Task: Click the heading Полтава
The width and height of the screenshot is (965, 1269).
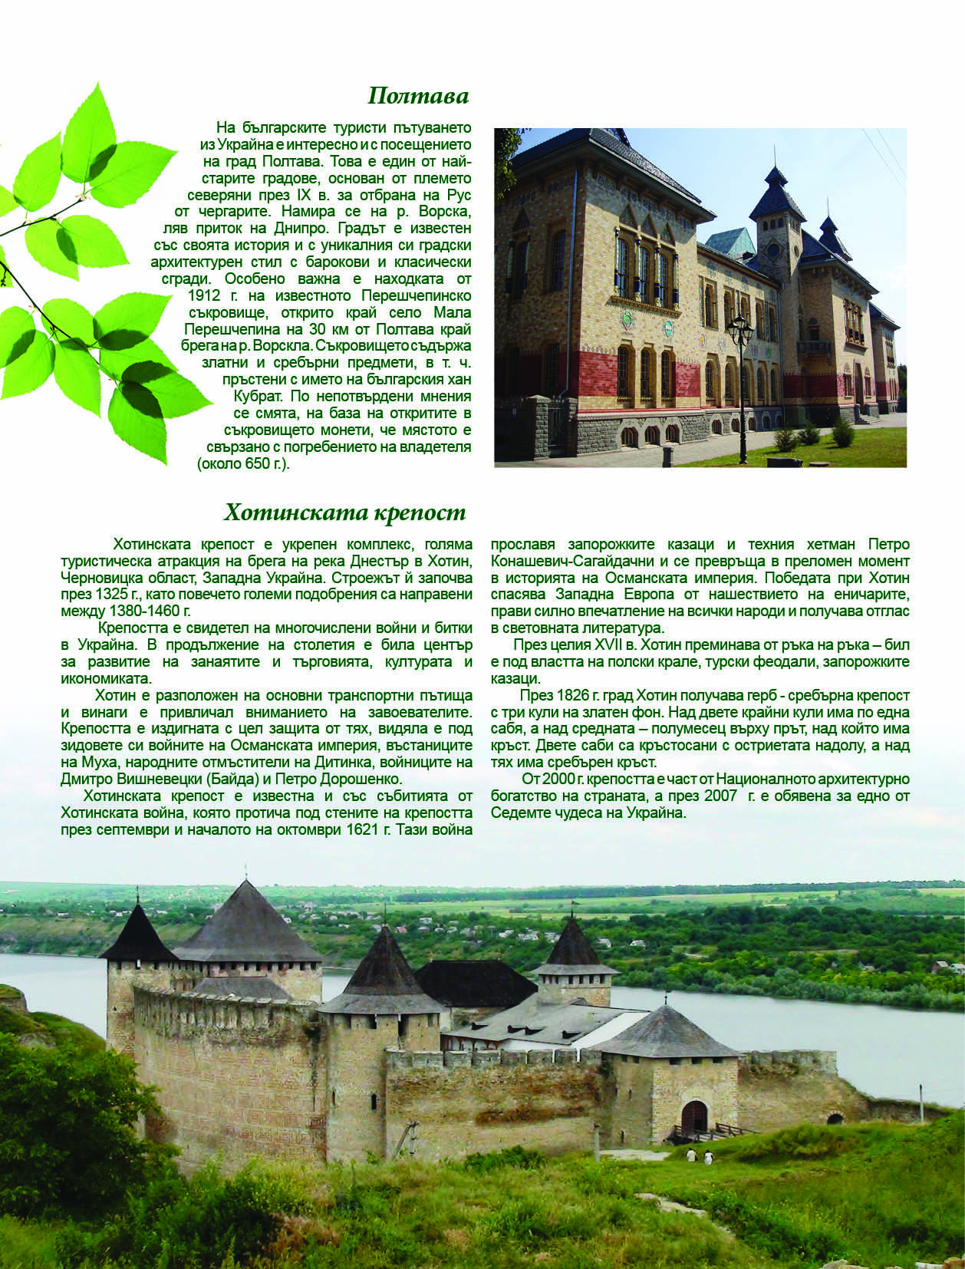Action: (418, 96)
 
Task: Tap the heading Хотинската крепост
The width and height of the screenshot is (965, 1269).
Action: (344, 512)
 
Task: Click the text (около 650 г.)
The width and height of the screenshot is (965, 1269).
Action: (243, 464)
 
